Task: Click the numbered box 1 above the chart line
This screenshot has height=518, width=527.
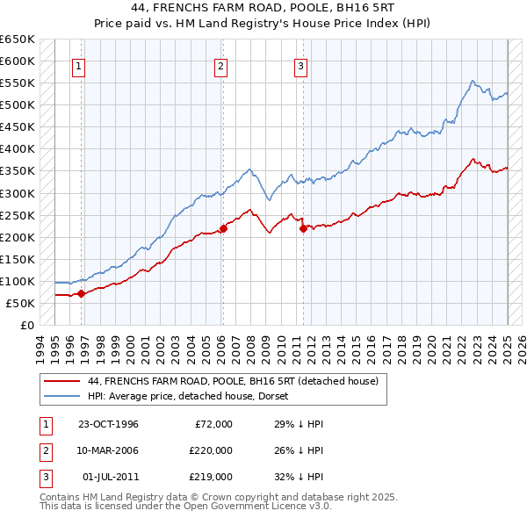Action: click(79, 65)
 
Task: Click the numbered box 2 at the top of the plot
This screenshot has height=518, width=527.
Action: click(220, 65)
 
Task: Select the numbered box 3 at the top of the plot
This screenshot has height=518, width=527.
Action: click(300, 65)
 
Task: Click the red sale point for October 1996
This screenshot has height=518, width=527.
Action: click(81, 293)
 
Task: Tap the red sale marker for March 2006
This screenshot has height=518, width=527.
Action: click(223, 228)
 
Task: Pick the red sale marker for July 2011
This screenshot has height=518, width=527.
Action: click(303, 228)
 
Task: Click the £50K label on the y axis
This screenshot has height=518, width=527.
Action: click(21, 303)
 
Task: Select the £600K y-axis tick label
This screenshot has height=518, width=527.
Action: click(18, 61)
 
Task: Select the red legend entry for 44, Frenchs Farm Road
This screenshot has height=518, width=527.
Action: click(233, 381)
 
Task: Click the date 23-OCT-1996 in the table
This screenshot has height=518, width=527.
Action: click(109, 424)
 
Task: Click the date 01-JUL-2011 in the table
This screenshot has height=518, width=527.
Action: click(109, 477)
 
